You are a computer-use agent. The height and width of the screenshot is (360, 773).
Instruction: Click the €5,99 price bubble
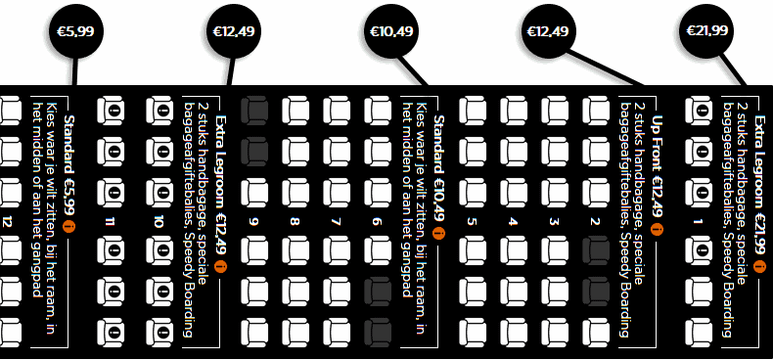[x=74, y=32]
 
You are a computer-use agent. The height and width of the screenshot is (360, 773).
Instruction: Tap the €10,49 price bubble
[x=389, y=32]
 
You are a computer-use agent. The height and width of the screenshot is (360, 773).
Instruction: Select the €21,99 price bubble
[x=706, y=31]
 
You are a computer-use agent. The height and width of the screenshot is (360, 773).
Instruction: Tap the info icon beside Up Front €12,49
[x=657, y=232]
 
